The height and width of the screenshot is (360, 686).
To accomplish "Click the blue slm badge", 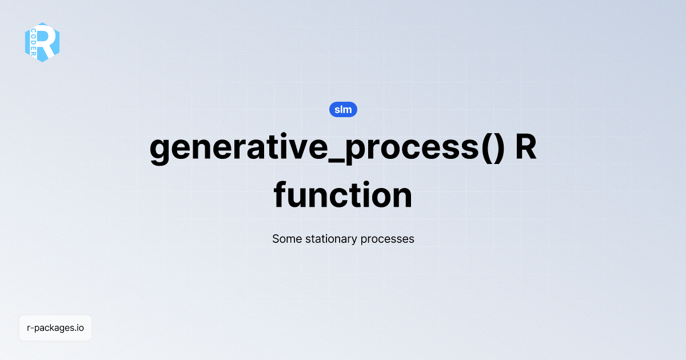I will click(x=343, y=110).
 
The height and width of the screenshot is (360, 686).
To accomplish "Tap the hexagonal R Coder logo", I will click(x=42, y=42).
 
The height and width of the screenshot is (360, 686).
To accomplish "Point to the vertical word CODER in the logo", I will click(x=34, y=43).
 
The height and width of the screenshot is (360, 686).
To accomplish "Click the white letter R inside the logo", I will click(x=48, y=42).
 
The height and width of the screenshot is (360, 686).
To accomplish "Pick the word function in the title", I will click(x=343, y=195).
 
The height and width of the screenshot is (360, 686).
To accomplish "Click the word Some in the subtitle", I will click(x=285, y=239).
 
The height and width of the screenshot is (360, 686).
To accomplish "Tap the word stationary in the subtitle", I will click(x=330, y=239).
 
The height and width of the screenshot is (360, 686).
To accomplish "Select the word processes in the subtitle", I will click(x=387, y=239).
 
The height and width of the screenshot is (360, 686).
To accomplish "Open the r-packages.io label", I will click(x=55, y=328).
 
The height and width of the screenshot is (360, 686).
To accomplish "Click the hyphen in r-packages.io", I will click(x=32, y=329).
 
